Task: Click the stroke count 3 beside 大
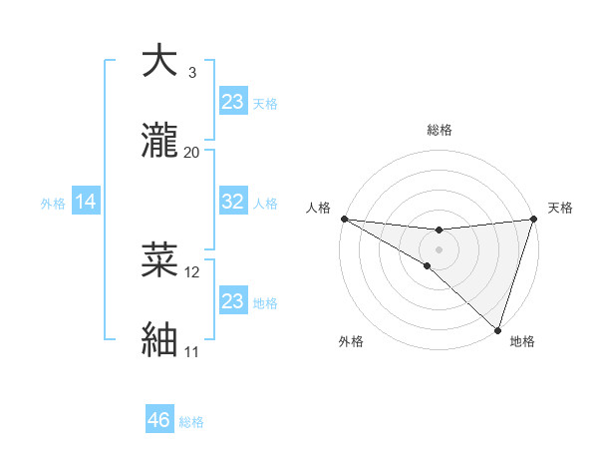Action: [191, 73]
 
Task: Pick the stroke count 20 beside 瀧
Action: [192, 153]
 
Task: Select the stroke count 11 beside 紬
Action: [191, 352]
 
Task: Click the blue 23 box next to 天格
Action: [232, 101]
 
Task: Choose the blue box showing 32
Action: [232, 202]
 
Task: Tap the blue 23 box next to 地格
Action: [232, 301]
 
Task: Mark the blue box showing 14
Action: [86, 202]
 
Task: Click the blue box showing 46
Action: [158, 420]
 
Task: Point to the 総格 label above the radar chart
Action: [439, 130]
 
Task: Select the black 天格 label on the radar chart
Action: [560, 208]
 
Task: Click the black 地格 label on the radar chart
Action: [522, 341]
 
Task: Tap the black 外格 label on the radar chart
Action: [351, 341]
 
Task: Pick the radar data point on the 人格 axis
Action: [344, 219]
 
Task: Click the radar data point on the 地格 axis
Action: [497, 329]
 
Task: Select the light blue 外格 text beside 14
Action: [53, 203]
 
